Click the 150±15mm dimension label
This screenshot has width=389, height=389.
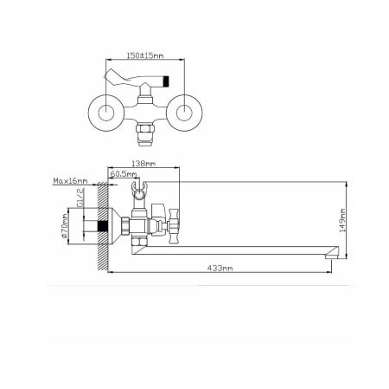point(145,55)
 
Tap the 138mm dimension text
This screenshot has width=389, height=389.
point(143,164)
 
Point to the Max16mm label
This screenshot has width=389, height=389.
point(70,181)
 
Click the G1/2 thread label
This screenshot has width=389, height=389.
point(80,198)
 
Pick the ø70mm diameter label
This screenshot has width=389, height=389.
point(64,225)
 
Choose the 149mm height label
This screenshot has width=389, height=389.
point(342,221)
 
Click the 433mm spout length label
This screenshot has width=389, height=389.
point(220,269)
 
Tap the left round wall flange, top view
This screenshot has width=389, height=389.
point(106,113)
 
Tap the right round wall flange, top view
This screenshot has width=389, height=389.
point(184,113)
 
